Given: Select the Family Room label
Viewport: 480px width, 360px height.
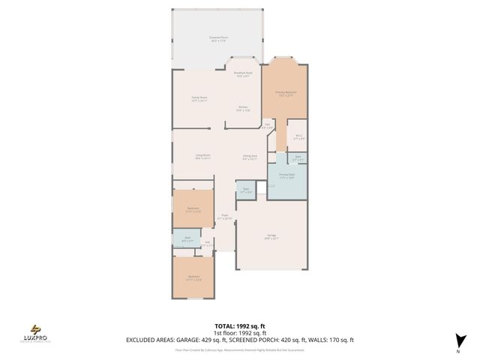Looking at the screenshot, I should (x=199, y=99).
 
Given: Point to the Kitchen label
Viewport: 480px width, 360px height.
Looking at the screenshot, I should (x=244, y=108).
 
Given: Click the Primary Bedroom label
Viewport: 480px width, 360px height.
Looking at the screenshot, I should (x=284, y=94).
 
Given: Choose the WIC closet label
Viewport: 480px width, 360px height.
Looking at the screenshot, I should (x=298, y=138).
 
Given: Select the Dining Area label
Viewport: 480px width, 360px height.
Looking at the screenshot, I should (x=250, y=157).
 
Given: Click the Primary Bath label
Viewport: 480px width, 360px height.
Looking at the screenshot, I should (x=286, y=176).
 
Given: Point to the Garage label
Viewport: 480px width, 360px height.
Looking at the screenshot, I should (x=271, y=236).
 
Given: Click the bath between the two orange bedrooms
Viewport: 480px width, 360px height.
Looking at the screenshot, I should (x=187, y=240).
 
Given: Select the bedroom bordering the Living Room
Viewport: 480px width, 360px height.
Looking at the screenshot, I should (x=193, y=210).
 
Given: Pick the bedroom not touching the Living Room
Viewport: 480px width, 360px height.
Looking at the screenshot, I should (x=194, y=278).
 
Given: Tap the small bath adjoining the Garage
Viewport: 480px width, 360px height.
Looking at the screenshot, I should (x=245, y=192).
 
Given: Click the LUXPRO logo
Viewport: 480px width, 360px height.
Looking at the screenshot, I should (x=37, y=331).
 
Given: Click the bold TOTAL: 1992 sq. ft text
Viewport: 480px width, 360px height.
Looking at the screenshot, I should (x=239, y=327).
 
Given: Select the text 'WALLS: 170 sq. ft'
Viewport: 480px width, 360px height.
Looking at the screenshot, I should (x=329, y=340).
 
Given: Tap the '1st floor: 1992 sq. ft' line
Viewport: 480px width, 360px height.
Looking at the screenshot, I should (x=239, y=333).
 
